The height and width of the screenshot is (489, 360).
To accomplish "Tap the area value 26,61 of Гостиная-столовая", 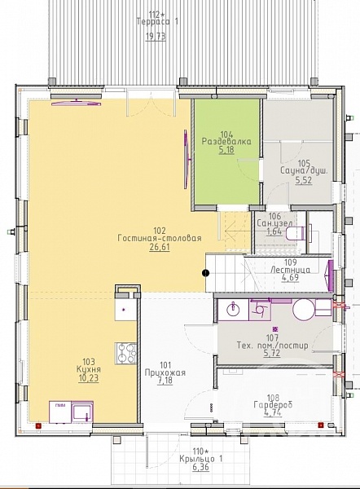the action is coord(160,248).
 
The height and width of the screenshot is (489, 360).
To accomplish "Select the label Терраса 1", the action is coord(157,22).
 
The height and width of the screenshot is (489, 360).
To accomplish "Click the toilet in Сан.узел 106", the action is coord(294,234).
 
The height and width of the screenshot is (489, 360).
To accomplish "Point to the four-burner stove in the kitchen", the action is coord(126,354).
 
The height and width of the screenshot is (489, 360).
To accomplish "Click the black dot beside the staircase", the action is coord(206,273).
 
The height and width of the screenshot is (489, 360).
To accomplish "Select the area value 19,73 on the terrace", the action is coord(156,37).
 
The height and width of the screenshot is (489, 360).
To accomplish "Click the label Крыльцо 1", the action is coord(201,459).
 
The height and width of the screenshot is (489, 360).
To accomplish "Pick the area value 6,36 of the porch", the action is coord(200,467).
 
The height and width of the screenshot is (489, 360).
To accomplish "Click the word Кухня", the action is coord(89,369).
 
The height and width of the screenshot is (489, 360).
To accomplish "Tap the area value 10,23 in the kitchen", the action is coord(89,378).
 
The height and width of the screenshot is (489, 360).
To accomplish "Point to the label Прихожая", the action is coord(165,372).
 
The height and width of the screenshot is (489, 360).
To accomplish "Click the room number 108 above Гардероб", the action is coord(273,398).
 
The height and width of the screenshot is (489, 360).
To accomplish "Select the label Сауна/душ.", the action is coord(304,171).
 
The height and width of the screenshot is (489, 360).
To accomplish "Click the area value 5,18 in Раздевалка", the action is coord(226,150).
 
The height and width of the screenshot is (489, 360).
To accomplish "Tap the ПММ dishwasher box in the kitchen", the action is coord(60,412).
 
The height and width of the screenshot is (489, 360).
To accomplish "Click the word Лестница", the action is coord(290,270).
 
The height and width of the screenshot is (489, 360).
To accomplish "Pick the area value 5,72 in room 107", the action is coord(272,354).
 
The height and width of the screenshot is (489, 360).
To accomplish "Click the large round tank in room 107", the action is coord(304,310).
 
